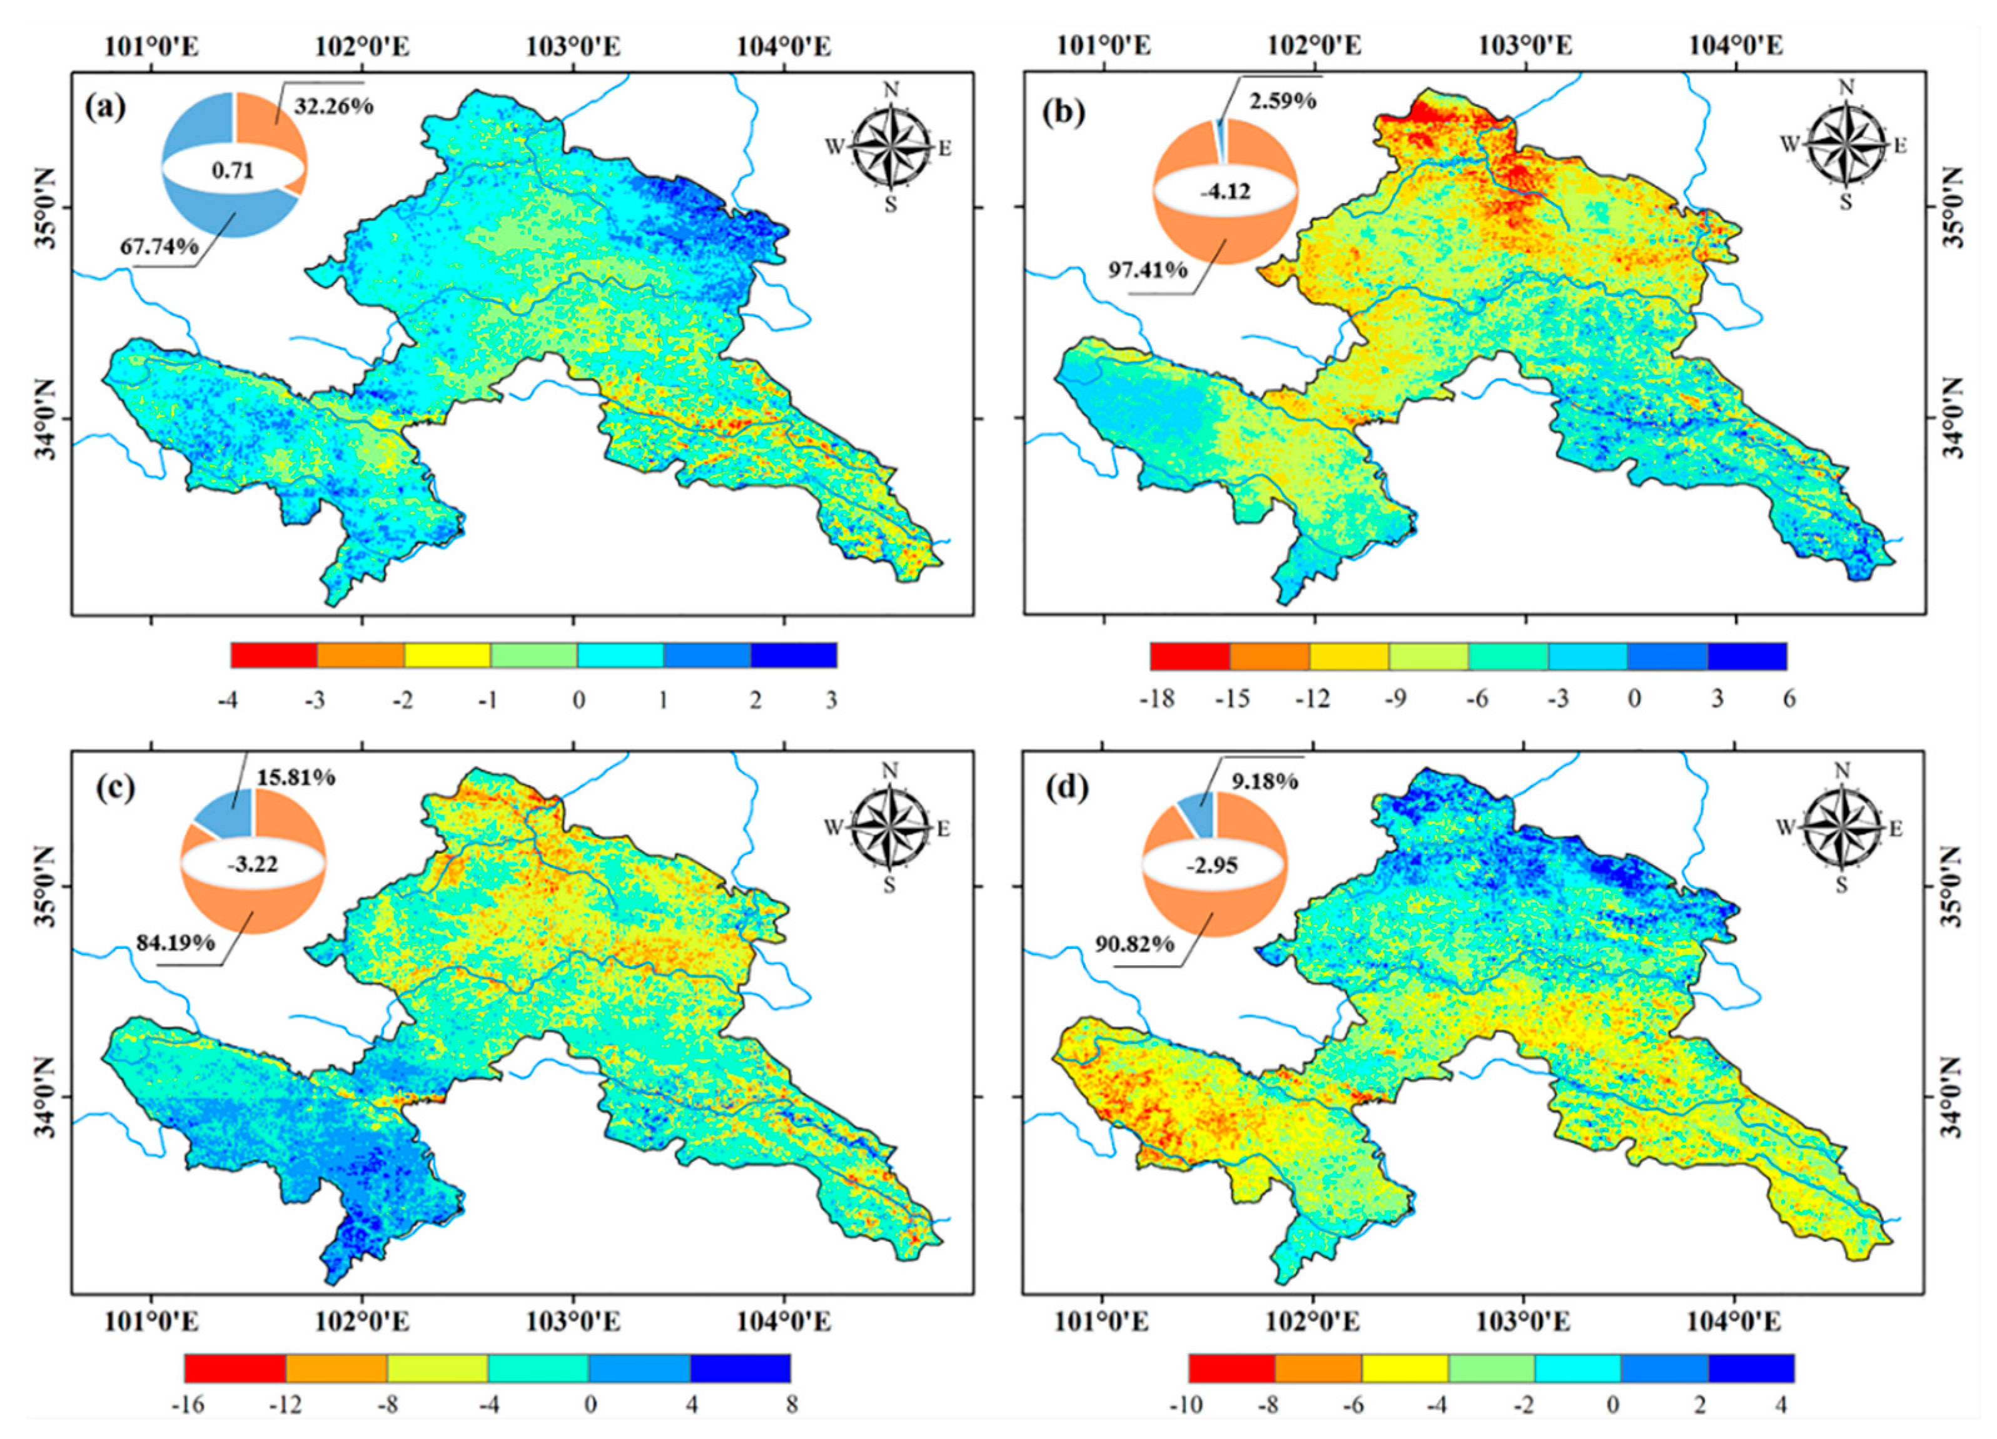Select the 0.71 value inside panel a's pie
[233, 170]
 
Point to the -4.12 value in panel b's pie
[1225, 189]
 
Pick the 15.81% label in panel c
[295, 777]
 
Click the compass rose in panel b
[1844, 145]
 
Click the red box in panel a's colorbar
[274, 655]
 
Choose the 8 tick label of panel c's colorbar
[792, 1404]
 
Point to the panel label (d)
[1064, 786]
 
